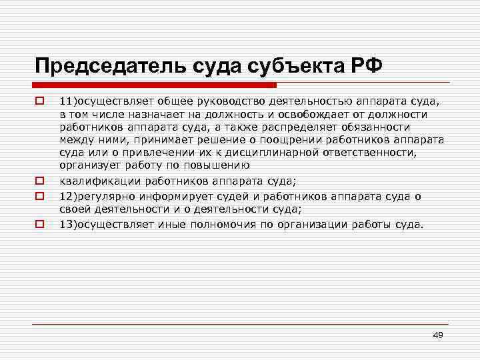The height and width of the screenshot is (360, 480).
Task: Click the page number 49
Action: coord(437,334)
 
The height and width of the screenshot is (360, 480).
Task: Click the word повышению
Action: coord(221,164)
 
